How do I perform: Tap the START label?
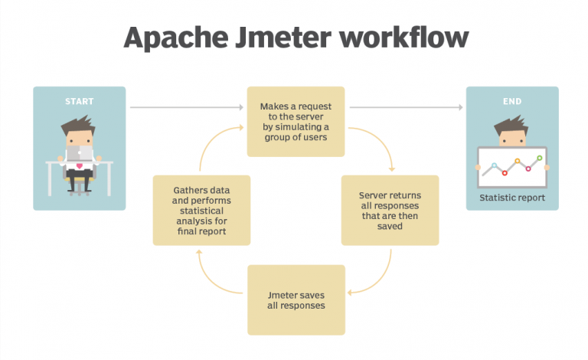coord(79,100)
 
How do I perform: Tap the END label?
coord(512,100)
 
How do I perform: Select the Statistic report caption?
coord(512,198)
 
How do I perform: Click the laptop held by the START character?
coord(79,154)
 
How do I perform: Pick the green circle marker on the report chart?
coord(540,159)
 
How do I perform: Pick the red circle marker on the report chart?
coord(505,173)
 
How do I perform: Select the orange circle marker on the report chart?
coord(518,162)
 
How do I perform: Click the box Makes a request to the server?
coord(295,122)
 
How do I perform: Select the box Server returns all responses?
coord(390,210)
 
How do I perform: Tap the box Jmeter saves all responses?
coord(296,299)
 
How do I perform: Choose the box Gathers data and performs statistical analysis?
coord(201,210)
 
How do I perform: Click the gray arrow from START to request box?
coord(184,107)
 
